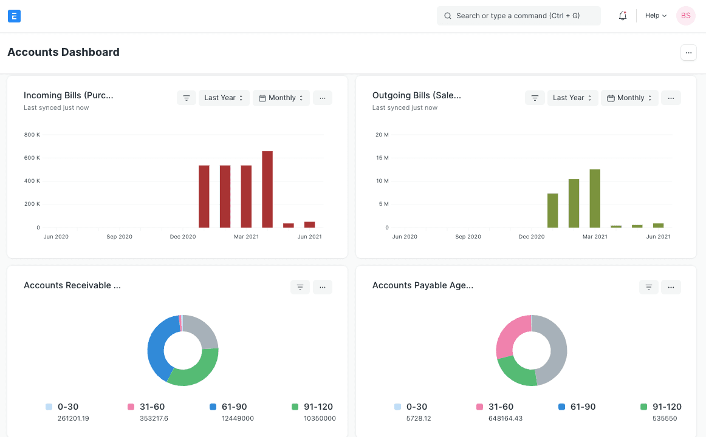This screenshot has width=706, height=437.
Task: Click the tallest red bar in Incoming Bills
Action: [x=267, y=189]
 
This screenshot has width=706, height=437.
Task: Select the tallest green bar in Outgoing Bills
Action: [x=595, y=198]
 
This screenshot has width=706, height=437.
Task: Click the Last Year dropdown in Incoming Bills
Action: [x=224, y=98]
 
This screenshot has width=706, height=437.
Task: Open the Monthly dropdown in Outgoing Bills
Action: [x=629, y=98]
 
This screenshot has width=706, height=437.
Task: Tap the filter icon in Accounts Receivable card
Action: [x=300, y=287]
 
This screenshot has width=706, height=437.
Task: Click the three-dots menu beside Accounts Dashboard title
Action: [x=688, y=53]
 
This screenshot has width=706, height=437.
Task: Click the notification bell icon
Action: [x=623, y=16]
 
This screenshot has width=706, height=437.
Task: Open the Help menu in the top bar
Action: [x=656, y=16]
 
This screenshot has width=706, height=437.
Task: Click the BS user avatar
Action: [x=685, y=16]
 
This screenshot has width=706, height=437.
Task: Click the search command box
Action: [x=518, y=16]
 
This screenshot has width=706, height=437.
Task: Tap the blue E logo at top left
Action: [x=15, y=16]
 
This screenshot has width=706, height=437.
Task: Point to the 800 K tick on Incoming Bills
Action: [x=32, y=135]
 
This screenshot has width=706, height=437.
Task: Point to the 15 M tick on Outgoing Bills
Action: [x=382, y=158]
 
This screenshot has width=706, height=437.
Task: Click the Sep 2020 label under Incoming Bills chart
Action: [x=119, y=237]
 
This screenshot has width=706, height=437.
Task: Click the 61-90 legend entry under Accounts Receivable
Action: [x=226, y=407]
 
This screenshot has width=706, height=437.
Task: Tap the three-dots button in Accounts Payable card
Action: [x=671, y=287]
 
